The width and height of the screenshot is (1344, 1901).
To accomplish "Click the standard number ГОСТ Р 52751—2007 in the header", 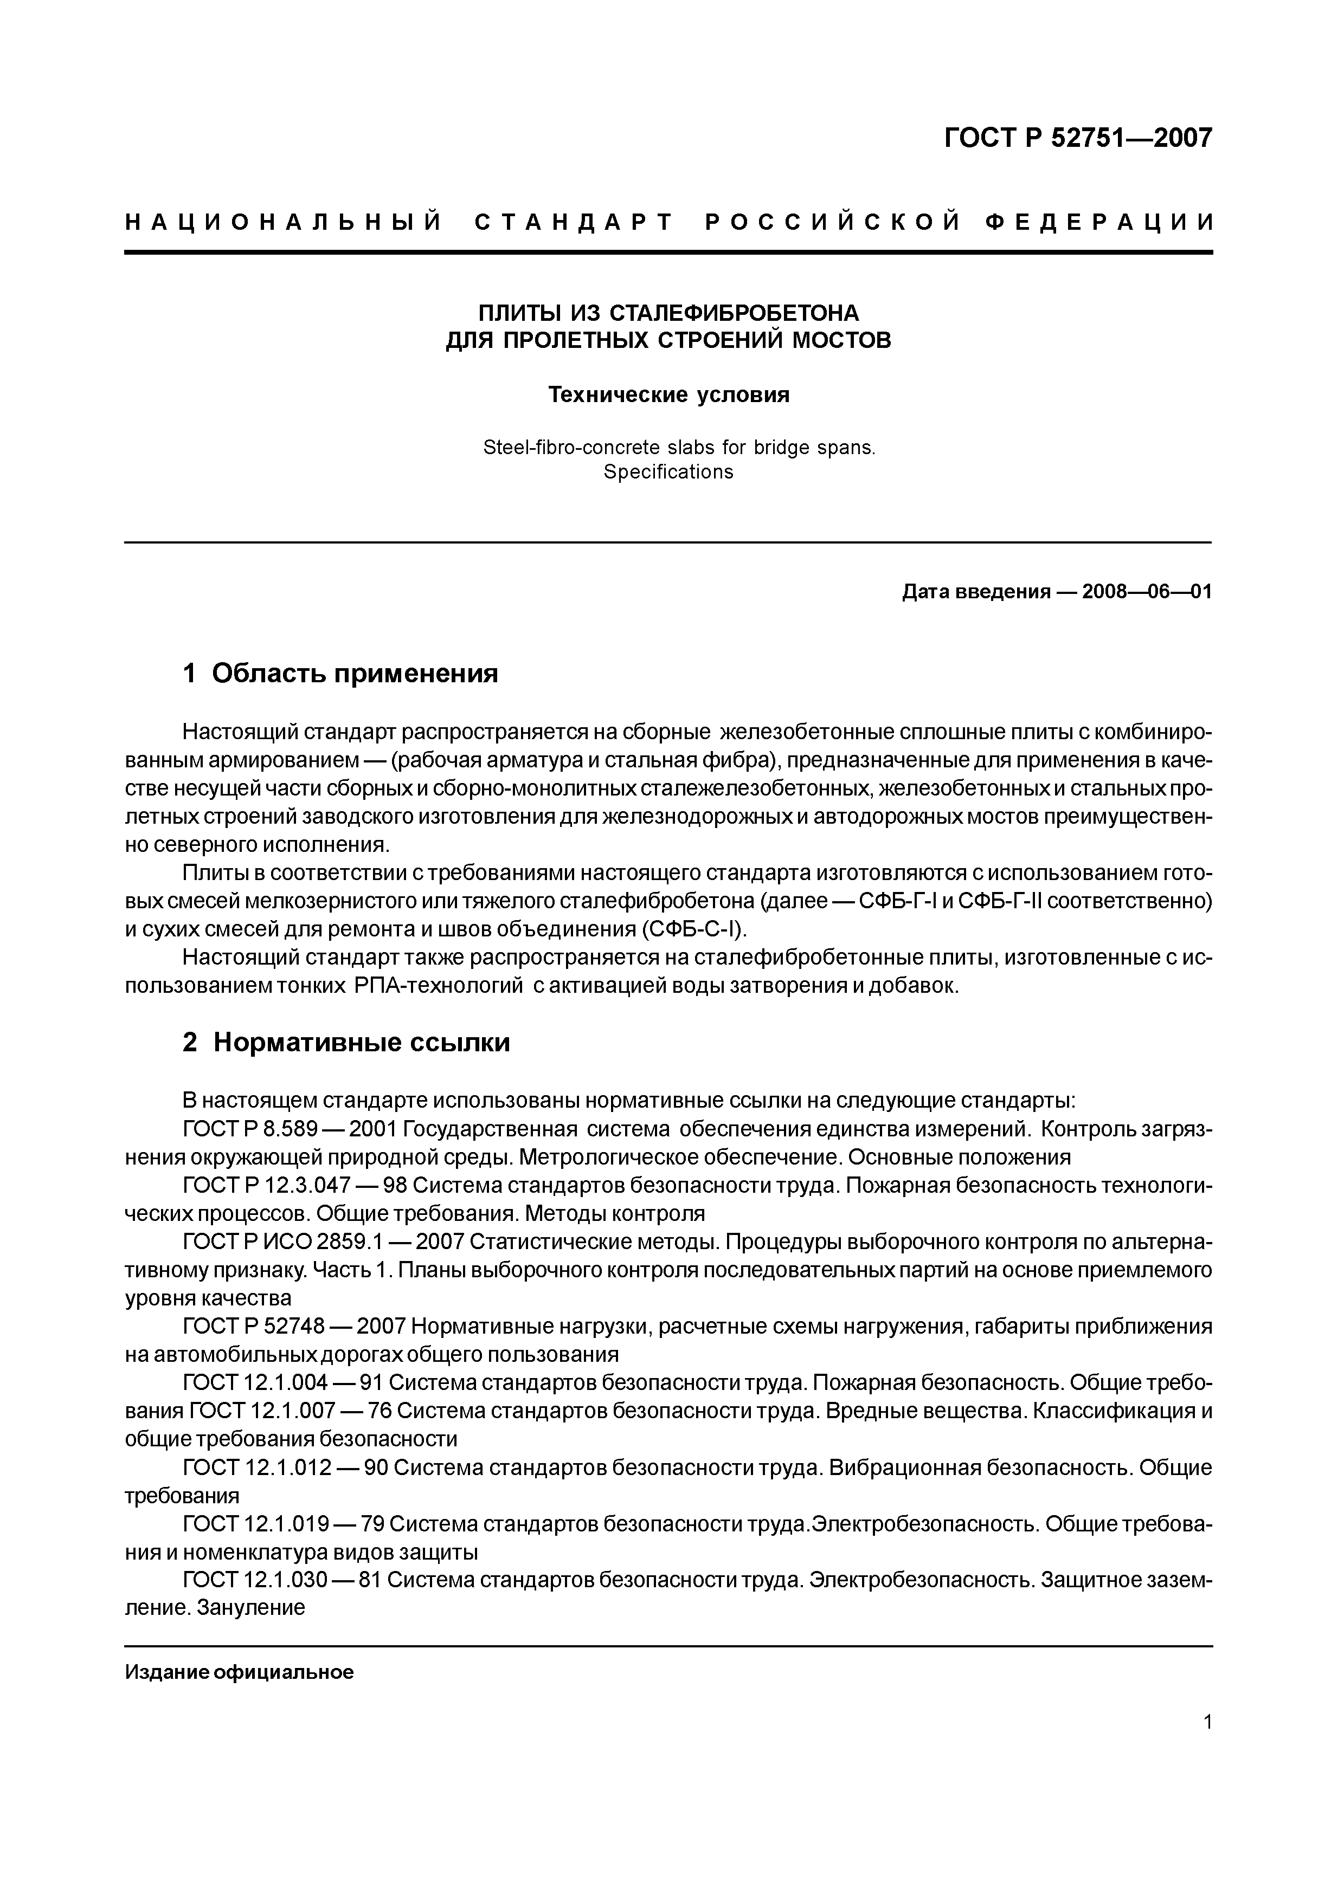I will (1077, 138).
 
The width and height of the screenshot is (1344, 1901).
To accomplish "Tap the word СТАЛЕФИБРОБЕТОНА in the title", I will (735, 313).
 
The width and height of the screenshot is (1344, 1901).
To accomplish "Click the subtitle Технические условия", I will (668, 395).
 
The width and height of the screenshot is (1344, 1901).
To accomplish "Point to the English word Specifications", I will (668, 472).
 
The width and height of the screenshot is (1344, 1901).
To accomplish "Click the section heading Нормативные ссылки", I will (361, 1043).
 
